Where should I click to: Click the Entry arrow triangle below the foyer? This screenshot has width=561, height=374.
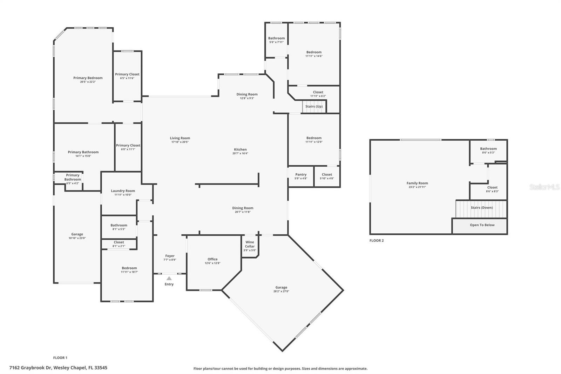tap(169, 278)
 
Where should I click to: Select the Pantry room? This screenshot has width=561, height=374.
tap(300, 176)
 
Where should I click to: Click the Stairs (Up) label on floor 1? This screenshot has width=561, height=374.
tap(314, 106)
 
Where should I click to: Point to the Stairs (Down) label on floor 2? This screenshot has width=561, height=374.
tap(481, 208)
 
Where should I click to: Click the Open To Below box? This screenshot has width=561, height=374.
tap(482, 225)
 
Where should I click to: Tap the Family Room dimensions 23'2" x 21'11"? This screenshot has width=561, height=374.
tap(417, 187)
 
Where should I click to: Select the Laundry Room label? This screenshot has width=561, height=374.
tap(123, 191)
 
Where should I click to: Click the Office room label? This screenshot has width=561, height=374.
tap(212, 259)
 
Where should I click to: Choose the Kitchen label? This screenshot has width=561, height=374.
tap(240, 149)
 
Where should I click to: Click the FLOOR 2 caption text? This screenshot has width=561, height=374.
tap(377, 241)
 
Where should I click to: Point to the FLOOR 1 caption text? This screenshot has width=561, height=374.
tap(60, 358)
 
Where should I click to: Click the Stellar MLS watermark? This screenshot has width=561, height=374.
tap(544, 187)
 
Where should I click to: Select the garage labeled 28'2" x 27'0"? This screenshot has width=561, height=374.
tap(281, 289)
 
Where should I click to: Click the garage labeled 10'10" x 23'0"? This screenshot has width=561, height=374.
tap(77, 236)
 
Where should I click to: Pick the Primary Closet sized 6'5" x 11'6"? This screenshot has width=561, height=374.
tap(127, 76)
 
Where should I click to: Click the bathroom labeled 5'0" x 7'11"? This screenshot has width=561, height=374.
tap(276, 40)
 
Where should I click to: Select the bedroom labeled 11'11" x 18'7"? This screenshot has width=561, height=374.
tap(129, 269)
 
